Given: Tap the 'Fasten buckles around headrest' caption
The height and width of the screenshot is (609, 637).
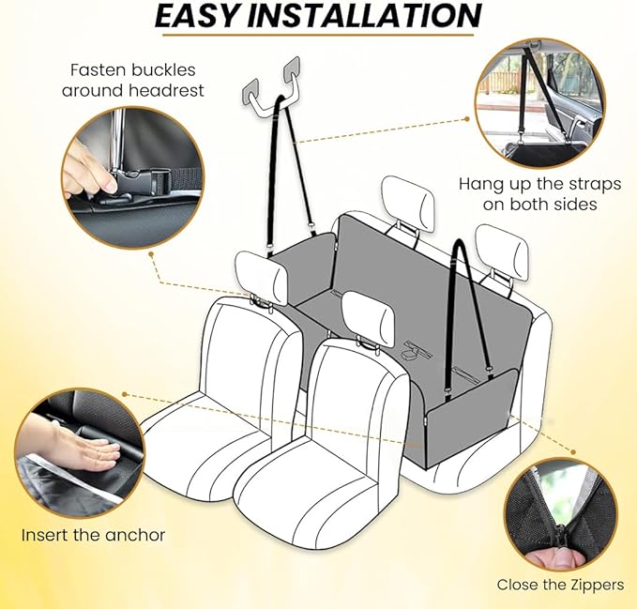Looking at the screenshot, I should click(132, 80).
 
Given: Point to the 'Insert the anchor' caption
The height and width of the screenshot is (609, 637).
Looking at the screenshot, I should click(93, 535).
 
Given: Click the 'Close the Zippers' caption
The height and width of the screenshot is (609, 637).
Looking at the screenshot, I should click(560, 584).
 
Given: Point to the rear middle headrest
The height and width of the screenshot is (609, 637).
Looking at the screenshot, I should click(408, 205).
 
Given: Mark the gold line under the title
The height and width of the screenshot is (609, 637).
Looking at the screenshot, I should click(319, 38).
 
